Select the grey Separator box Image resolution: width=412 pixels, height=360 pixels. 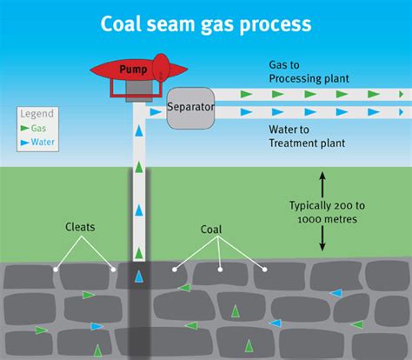pyautogui.click(x=190, y=108)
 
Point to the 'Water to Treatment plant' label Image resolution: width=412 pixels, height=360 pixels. pyautogui.click(x=309, y=137)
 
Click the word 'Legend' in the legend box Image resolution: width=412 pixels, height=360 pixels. pyautogui.click(x=37, y=113)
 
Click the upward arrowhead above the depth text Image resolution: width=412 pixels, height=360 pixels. pyautogui.click(x=322, y=177)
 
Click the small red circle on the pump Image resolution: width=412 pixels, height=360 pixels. pyautogui.click(x=159, y=73)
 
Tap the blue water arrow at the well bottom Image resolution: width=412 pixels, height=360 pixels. pyautogui.click(x=140, y=278)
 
